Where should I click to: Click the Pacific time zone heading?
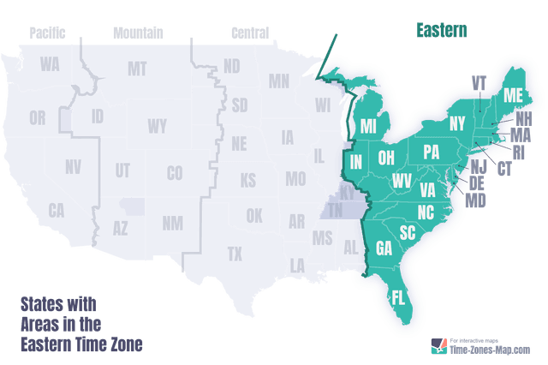(x=47, y=33)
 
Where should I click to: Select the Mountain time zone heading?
(x=138, y=33)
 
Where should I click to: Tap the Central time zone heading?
(x=250, y=33)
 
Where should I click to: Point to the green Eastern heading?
(x=442, y=31)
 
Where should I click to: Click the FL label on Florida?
(x=399, y=298)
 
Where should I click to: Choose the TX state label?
(x=235, y=254)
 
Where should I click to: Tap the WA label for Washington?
(x=49, y=65)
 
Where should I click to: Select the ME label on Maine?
(x=513, y=93)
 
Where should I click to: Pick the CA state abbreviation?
(x=57, y=209)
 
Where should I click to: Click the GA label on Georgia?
(x=384, y=248)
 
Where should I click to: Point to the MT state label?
(x=137, y=69)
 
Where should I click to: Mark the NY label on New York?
(x=457, y=124)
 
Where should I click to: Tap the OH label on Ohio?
(x=386, y=157)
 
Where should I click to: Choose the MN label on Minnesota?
(x=279, y=82)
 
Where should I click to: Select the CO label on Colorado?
(x=175, y=173)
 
